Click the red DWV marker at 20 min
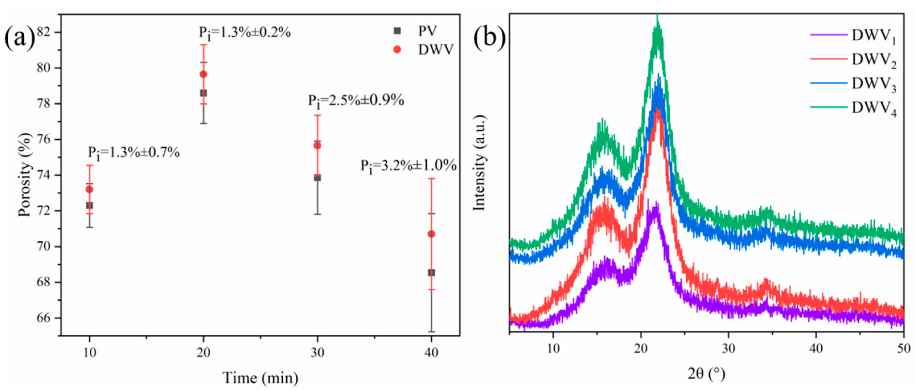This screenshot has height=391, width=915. click(x=203, y=74)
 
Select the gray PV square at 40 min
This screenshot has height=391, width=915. click(x=431, y=272)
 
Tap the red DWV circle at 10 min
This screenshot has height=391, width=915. click(x=90, y=189)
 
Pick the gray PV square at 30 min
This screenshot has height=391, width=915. click(x=318, y=177)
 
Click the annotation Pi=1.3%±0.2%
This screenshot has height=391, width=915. click(x=244, y=33)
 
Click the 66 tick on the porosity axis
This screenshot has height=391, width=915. click(x=44, y=318)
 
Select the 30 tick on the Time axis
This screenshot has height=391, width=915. click(x=318, y=353)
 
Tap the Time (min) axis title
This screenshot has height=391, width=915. click(x=260, y=378)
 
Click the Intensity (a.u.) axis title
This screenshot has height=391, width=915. click(x=480, y=162)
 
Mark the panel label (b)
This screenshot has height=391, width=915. click(x=489, y=38)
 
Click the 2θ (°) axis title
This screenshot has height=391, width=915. click(x=706, y=374)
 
